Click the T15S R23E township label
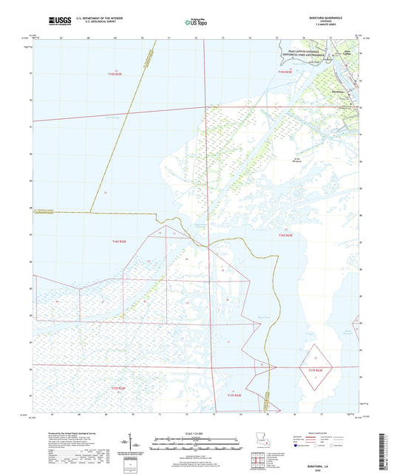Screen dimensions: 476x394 tap(285, 72)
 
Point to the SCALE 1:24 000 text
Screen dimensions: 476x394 tap(197, 435)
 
